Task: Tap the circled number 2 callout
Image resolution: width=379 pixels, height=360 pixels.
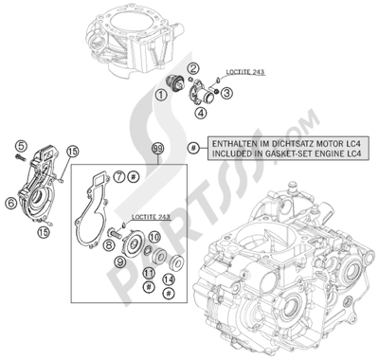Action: click(x=192, y=67)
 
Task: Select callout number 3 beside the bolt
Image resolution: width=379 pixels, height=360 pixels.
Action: click(x=228, y=93)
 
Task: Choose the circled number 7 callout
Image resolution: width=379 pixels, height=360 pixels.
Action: click(x=119, y=177)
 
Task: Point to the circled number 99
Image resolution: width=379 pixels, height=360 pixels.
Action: click(x=158, y=148)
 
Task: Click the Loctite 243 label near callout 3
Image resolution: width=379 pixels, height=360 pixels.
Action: click(x=245, y=71)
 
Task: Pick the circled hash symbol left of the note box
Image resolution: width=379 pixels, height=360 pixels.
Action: click(x=193, y=147)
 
